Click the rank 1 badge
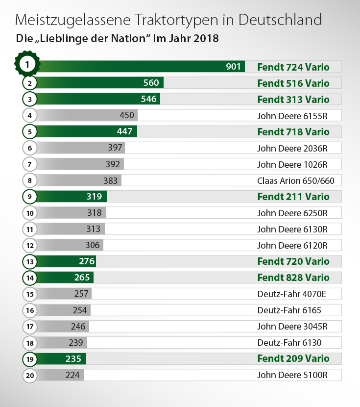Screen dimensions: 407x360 click(x=27, y=64)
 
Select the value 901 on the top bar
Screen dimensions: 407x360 click(x=233, y=67)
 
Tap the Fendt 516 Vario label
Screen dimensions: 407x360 click(x=293, y=83)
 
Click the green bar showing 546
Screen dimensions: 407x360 click(x=98, y=100)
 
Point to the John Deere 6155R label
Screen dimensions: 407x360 click(x=292, y=116)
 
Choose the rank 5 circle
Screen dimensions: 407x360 click(x=30, y=132)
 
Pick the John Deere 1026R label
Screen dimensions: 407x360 click(x=292, y=164)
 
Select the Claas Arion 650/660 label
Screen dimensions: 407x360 click(x=295, y=180)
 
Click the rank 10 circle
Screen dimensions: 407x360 click(x=30, y=213)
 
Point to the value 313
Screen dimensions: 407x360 click(x=93, y=229)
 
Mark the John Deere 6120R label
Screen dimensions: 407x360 click(x=292, y=245)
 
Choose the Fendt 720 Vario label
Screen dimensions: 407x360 click(x=293, y=261)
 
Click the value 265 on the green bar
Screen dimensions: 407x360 click(x=82, y=278)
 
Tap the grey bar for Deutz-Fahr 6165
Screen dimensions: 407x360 click(x=64, y=310)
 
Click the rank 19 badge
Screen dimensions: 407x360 click(x=30, y=358)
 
